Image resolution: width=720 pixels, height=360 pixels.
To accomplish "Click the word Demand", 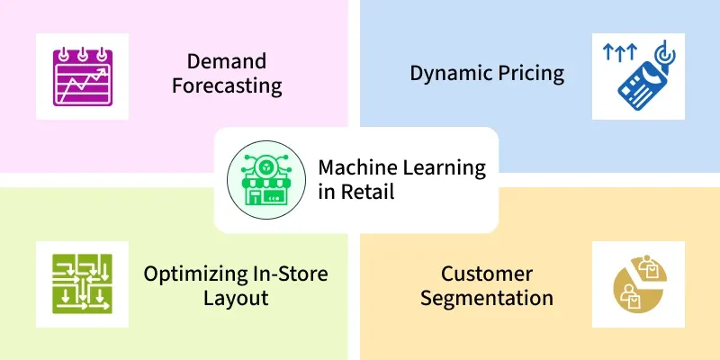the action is coord(227,61).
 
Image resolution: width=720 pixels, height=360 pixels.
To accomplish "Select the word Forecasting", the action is coord(227,85).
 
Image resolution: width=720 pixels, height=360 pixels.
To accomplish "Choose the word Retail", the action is coord(367,192).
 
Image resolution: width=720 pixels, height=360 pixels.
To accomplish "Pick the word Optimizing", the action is coord(195,274).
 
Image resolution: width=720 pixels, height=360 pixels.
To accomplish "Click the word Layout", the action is coord(236,299).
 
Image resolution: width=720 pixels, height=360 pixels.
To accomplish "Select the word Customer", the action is coord(487,274).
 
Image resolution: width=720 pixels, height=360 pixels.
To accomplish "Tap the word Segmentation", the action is coord(487,299).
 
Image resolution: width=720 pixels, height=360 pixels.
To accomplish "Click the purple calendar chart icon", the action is coord(83,76).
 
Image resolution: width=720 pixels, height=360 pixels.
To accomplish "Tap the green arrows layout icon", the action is coord(82,283).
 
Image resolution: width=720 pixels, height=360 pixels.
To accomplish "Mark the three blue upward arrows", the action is coord(619,51).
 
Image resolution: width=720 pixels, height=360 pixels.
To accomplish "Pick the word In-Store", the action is coord(291,274).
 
